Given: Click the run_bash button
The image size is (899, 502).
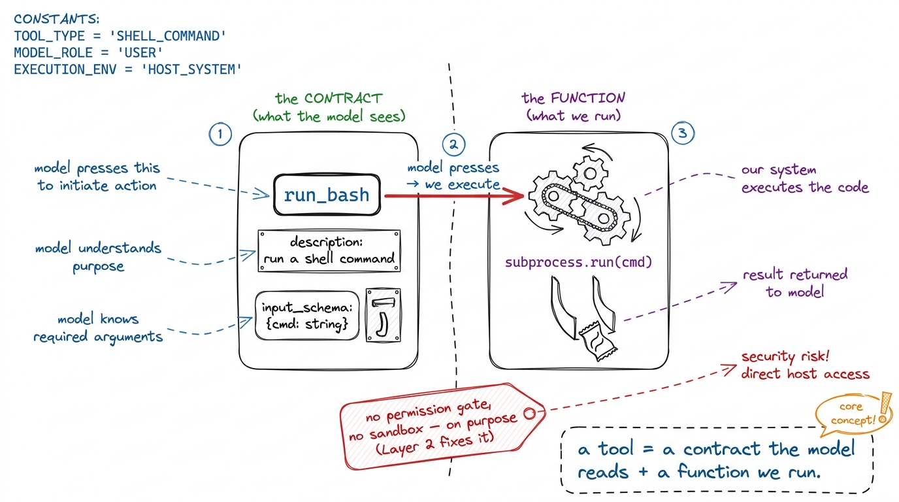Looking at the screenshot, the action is coord(327,195).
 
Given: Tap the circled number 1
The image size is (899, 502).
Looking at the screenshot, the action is coord(220,134).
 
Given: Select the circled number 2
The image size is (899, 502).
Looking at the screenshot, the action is coord(453,144).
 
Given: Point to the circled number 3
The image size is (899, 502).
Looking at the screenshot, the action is coord(682,133).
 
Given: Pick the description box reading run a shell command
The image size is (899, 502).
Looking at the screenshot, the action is coord(329,250).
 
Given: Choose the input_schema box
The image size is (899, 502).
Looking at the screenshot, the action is coord(307,316).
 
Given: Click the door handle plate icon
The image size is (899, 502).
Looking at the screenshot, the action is coord(384,315).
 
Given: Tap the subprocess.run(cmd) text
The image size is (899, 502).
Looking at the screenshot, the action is coord(578,262).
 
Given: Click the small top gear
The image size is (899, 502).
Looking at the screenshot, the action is coord(590,173).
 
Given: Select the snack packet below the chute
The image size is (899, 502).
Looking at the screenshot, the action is coord(597,341).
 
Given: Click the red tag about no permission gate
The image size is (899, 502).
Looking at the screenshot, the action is coord(442,426).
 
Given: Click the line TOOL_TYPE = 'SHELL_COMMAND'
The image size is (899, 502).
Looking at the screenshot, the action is coord(120,36).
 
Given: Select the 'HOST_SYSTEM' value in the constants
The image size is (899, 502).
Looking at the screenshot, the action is coord(191,69).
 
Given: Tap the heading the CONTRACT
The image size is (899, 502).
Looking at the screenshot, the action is coord(329,99).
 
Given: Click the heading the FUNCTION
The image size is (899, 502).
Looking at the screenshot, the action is coord(573,98).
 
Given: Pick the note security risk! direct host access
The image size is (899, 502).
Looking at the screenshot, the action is coord(805,365).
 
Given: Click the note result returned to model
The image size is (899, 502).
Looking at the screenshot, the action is coord(795,283).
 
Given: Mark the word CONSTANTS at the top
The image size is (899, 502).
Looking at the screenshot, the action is coord(57,19).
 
